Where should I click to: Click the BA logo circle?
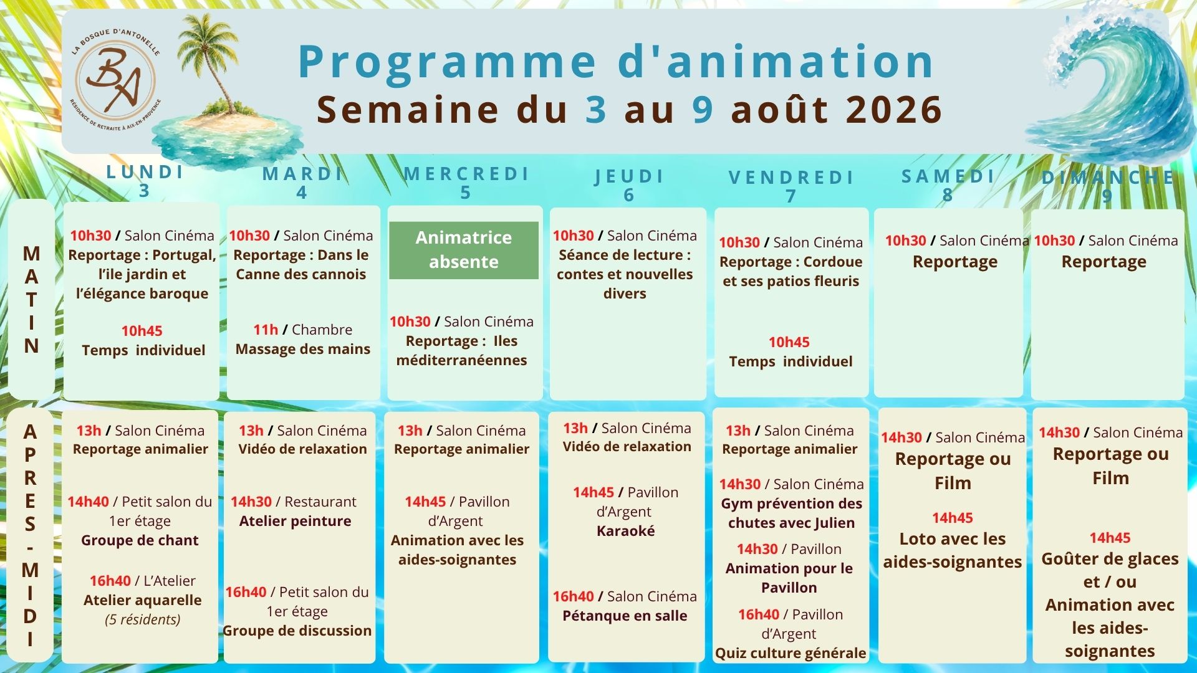[x=115, y=80]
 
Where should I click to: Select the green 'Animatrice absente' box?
[x=464, y=250]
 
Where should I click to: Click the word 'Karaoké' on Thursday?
[x=626, y=531]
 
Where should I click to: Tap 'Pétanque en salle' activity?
[x=625, y=616]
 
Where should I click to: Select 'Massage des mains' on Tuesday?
[x=303, y=349]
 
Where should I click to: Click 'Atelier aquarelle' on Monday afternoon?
[x=143, y=600]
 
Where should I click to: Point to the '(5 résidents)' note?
[x=143, y=619]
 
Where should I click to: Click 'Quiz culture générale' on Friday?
[x=791, y=653]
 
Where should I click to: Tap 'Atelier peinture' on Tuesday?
[x=296, y=521]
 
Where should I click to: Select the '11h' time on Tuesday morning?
[x=266, y=330]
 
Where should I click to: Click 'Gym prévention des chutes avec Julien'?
[x=792, y=513]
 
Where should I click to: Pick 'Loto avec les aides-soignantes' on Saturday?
[x=953, y=550]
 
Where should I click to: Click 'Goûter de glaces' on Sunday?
[x=1110, y=559]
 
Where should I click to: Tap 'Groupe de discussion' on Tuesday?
[x=297, y=631]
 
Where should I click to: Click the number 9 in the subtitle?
[x=703, y=110]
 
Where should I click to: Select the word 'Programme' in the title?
[x=448, y=62]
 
